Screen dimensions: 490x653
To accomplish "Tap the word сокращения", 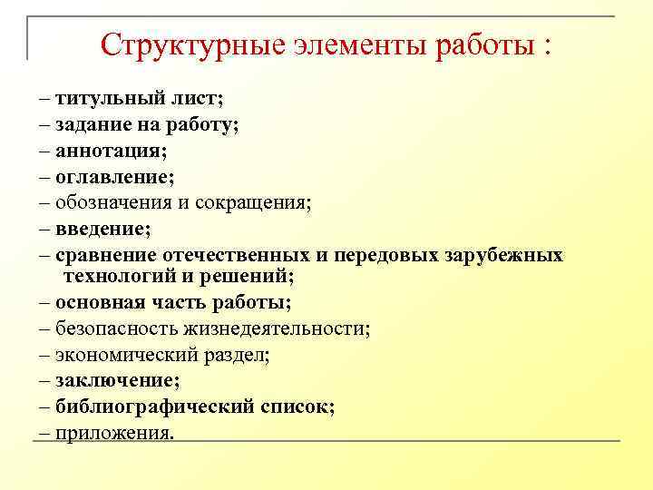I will pos(255,203).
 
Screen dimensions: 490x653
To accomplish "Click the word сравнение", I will pos(104,255).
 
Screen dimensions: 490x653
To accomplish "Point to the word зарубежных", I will pos(503,255).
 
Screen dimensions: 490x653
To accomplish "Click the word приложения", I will pos(112,433).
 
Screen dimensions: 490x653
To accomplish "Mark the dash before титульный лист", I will pos(45,98).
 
